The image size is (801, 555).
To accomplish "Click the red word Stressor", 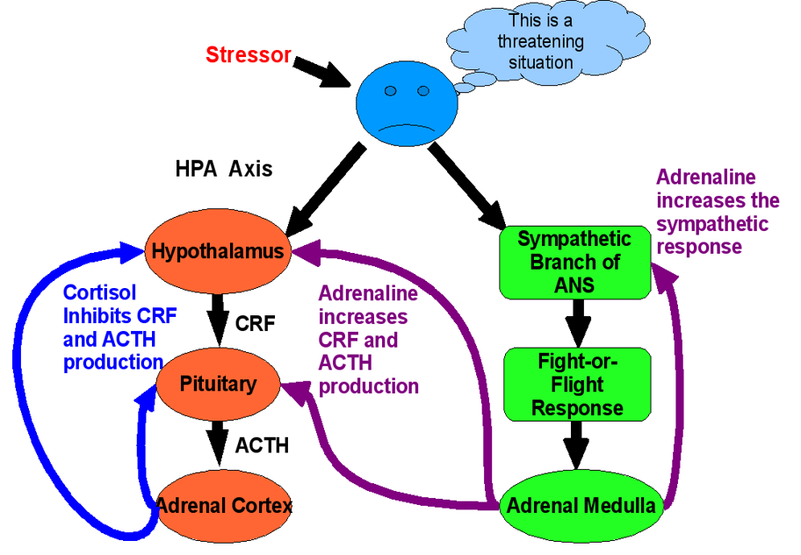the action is (x=249, y=54).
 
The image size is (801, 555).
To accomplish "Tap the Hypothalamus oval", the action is (x=218, y=250).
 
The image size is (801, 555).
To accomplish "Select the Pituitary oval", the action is (x=218, y=384).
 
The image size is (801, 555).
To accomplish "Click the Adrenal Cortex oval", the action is (x=224, y=506).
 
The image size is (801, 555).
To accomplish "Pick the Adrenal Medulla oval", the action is (x=581, y=506).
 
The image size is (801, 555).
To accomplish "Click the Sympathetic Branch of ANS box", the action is (x=574, y=263).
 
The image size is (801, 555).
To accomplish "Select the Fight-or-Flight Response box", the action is (x=577, y=385).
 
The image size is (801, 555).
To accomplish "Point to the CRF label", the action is (x=255, y=323).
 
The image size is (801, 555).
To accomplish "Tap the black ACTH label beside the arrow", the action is (x=262, y=446).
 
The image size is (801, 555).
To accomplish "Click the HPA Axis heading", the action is (x=224, y=169).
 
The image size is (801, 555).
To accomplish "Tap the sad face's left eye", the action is (x=390, y=90).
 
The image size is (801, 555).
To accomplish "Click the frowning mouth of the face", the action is (x=407, y=127).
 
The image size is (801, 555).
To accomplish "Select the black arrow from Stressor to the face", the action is (x=321, y=71).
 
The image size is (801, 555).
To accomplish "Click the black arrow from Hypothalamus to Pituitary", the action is (x=218, y=320).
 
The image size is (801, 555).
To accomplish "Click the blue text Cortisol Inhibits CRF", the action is (x=119, y=305).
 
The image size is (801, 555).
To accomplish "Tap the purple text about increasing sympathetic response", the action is (x=718, y=212).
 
